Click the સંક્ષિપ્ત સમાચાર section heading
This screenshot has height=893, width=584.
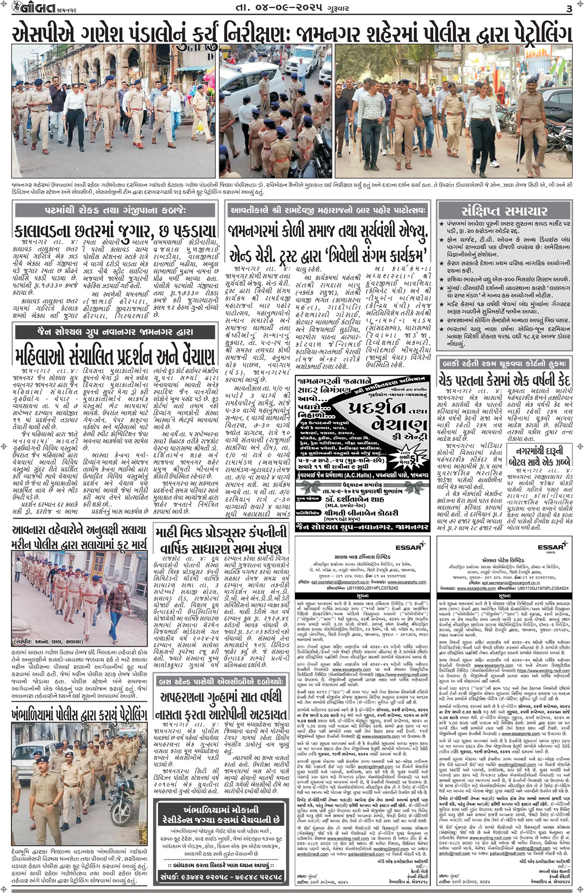click(x=504, y=210)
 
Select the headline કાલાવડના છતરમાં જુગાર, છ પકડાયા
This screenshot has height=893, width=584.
click(x=115, y=230)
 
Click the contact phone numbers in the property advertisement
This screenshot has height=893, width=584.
click(x=221, y=877)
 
